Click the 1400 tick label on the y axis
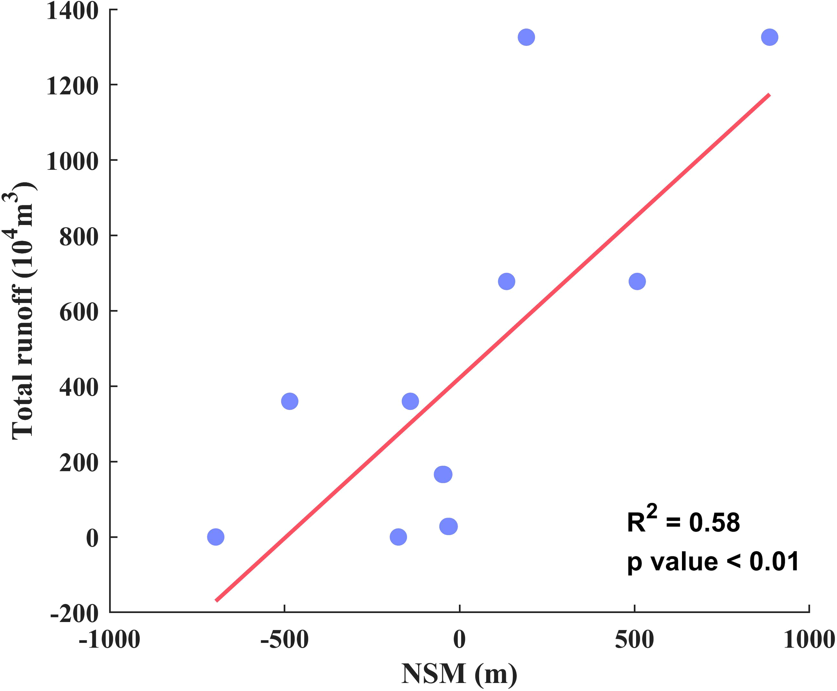pos(72,11)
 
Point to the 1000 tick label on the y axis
pos(72,162)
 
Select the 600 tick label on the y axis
pos(78,312)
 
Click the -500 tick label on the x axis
pos(284,640)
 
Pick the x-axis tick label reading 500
pos(634,640)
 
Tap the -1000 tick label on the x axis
pos(109,640)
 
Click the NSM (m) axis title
pos(459,674)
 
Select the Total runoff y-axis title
pos(23,310)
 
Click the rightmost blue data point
pos(769,37)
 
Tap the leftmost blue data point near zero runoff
pos(216,537)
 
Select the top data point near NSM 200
pos(526,37)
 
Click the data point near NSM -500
pos(289,401)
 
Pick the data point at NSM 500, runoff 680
pos(637,282)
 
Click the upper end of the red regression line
pos(769,95)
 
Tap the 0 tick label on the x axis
pos(459,640)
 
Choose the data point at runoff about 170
pos(443,474)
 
